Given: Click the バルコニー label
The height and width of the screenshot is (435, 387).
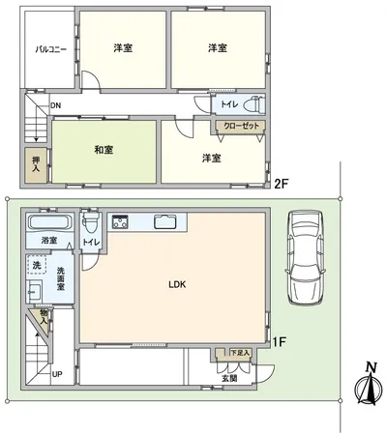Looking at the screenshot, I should tap(50, 48).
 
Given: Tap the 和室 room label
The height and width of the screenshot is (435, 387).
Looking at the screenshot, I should tap(103, 150).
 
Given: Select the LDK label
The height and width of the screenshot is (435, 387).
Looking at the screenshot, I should tap(177, 284).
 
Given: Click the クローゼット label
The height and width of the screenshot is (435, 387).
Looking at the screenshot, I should tap(238, 126).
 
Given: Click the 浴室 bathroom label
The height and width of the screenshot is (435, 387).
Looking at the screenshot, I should tap(48, 239).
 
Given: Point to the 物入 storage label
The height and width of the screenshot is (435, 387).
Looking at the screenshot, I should tap(45, 316).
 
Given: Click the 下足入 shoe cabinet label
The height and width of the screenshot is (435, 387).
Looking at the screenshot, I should tap(239, 353).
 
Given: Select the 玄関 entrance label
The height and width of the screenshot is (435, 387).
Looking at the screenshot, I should tap(230, 378).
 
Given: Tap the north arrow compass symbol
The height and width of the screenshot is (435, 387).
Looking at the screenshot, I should tap(366, 388).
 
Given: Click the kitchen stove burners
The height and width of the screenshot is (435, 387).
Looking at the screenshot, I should tap(122, 222).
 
